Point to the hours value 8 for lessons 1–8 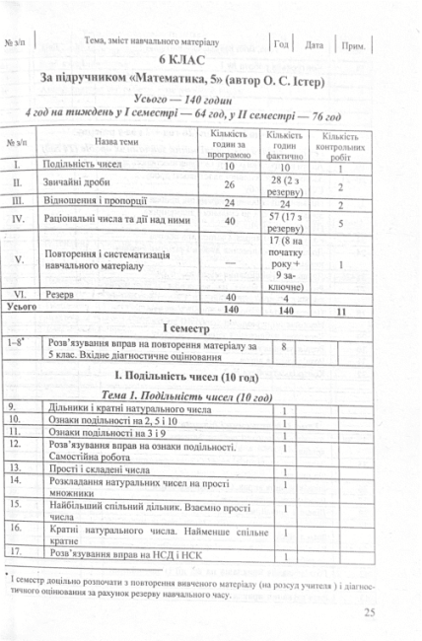285,347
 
